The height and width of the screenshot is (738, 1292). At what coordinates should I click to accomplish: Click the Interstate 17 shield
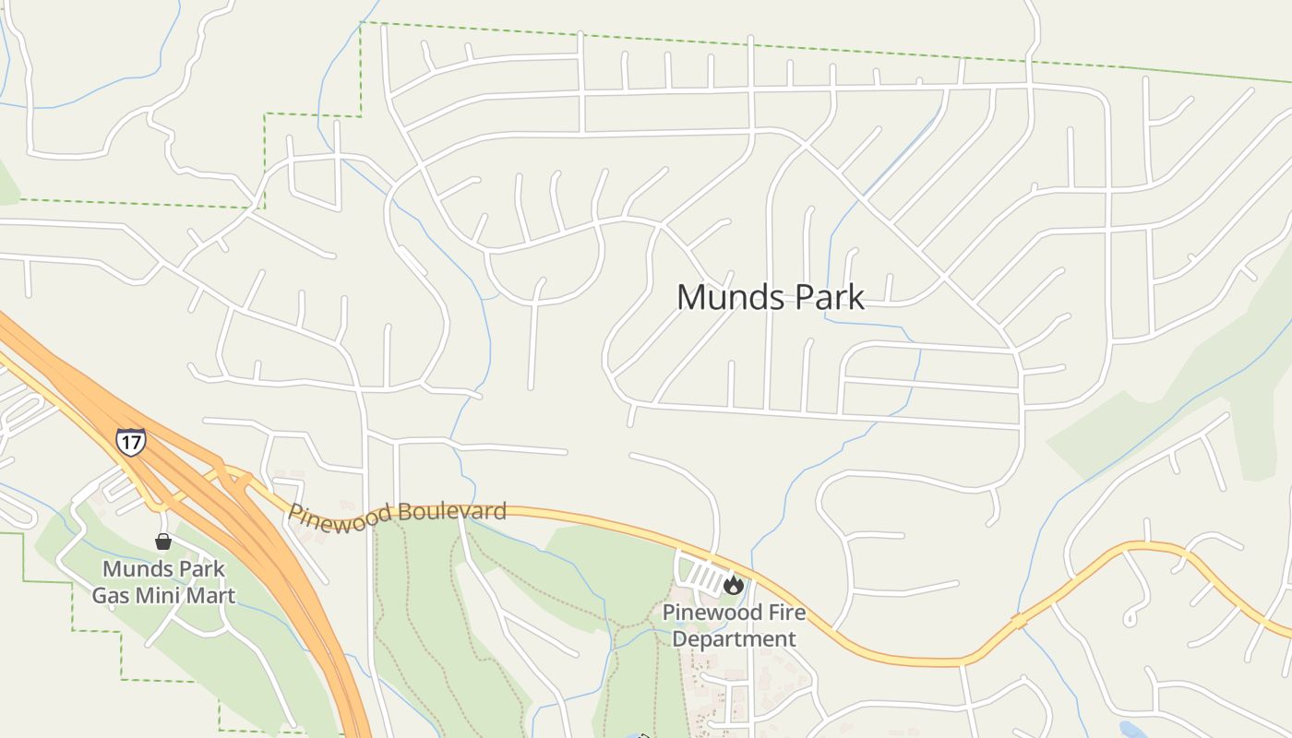click(130, 442)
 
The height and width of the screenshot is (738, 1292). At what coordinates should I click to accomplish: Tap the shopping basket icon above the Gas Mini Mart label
click(163, 542)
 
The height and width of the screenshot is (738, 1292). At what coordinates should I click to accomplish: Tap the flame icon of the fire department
click(734, 584)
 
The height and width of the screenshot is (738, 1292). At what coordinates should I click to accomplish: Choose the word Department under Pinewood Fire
click(734, 638)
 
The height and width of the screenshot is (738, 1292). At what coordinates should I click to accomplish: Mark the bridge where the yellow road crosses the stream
click(1019, 622)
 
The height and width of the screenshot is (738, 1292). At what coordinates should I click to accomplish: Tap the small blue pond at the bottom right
click(1130, 730)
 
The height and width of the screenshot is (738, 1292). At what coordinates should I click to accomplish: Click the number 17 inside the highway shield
click(130, 443)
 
